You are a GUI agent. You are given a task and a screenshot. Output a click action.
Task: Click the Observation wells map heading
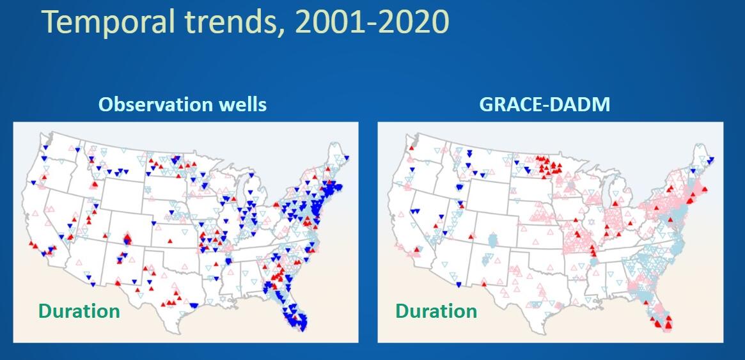(x=182, y=105)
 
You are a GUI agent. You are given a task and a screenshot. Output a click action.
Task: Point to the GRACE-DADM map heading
(x=544, y=105)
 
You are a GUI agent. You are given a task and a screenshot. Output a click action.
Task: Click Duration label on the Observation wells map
(x=79, y=311)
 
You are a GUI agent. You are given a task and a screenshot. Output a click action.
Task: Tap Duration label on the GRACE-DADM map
(x=436, y=311)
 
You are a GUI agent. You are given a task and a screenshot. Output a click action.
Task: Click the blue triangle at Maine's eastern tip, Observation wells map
(x=347, y=157)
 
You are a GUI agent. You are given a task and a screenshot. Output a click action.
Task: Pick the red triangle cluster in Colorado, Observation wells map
(x=127, y=240)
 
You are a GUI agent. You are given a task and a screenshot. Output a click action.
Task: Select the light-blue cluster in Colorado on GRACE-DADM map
(x=492, y=240)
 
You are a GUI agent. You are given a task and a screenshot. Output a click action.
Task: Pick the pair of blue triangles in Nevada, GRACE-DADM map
(x=416, y=212)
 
